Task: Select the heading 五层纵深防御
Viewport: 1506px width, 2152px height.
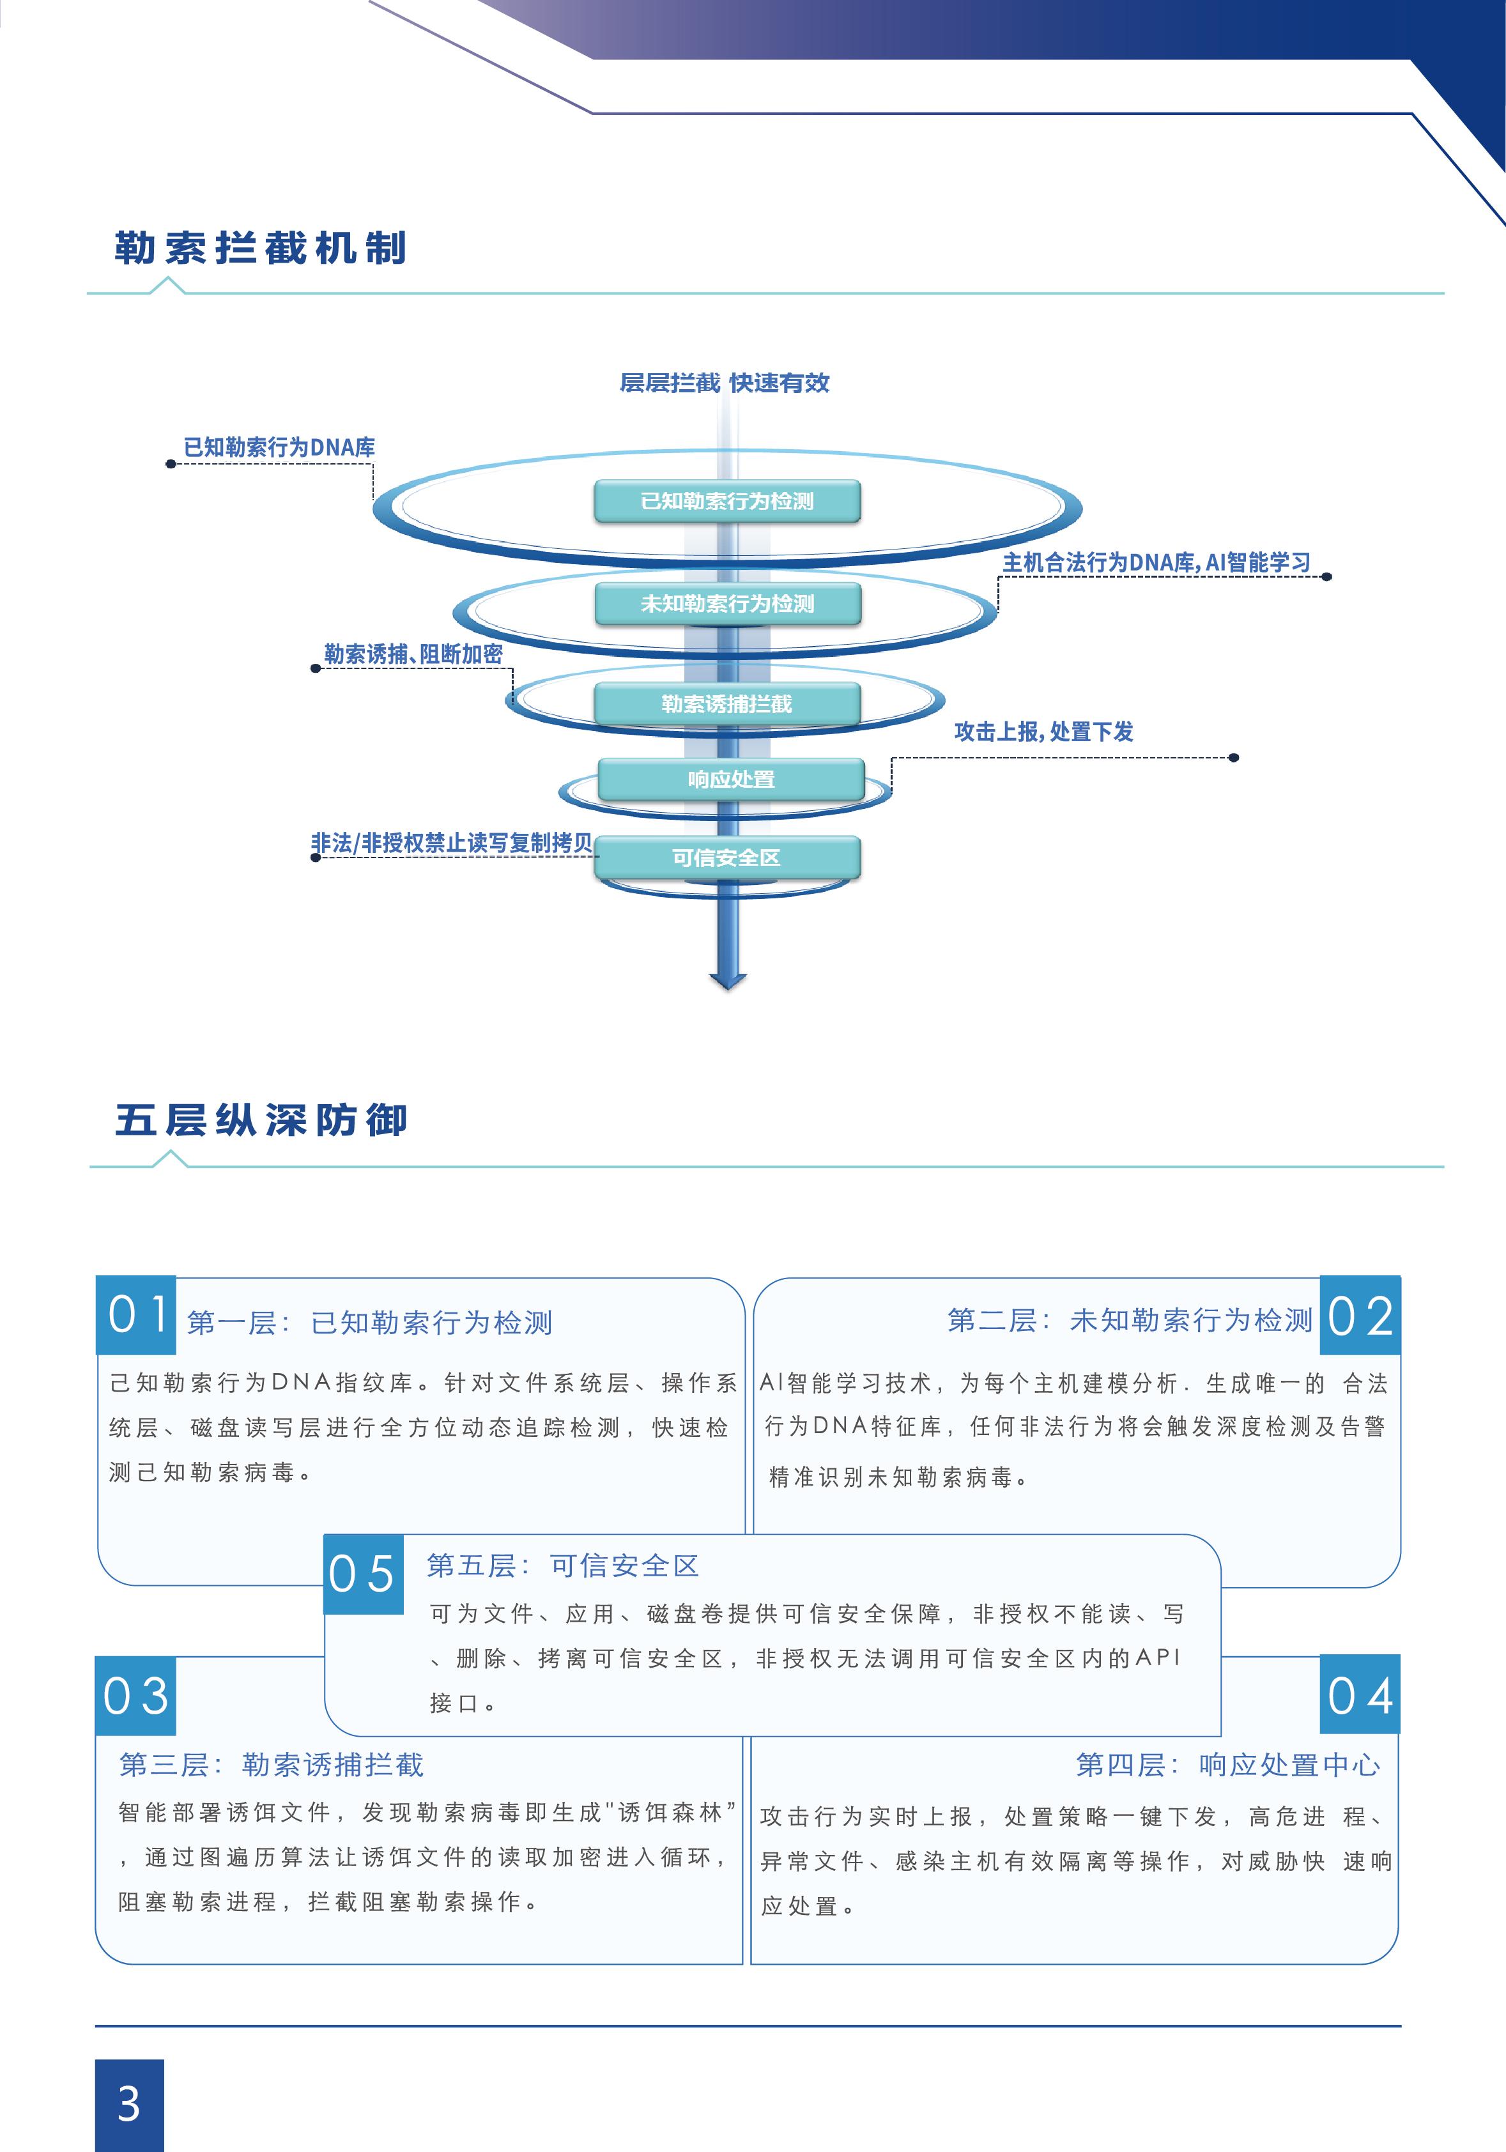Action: pyautogui.click(x=261, y=1120)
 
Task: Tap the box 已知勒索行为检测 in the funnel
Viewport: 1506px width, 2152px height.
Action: pyautogui.click(x=727, y=502)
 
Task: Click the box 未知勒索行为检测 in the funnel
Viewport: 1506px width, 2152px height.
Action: pyautogui.click(x=727, y=604)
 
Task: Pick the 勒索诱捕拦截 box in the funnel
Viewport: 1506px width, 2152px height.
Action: pyautogui.click(x=727, y=704)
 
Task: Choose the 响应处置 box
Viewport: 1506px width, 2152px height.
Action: pyautogui.click(x=731, y=779)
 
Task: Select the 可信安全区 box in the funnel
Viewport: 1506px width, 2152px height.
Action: pyautogui.click(x=727, y=857)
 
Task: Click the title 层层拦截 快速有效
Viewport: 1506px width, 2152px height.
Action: pyautogui.click(x=725, y=382)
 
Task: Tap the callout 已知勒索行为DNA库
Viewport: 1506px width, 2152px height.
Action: pyautogui.click(x=279, y=447)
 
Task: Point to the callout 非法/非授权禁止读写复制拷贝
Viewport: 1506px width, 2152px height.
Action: pyautogui.click(x=452, y=843)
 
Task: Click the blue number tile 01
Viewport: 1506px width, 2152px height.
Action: pyautogui.click(x=137, y=1315)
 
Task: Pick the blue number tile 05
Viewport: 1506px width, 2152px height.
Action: pyautogui.click(x=364, y=1574)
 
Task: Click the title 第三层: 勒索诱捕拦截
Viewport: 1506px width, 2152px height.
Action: pyautogui.click(x=272, y=1765)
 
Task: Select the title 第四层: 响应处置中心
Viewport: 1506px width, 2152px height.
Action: pyautogui.click(x=1227, y=1765)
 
